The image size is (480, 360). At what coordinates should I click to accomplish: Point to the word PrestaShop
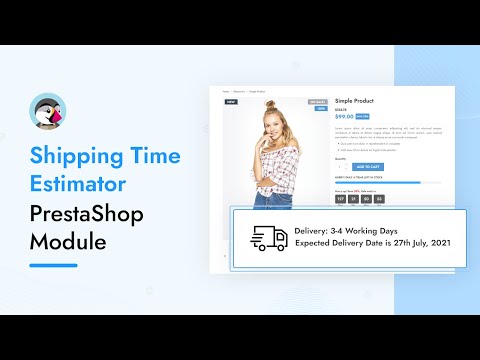pyautogui.click(x=89, y=214)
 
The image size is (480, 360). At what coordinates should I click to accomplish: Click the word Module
pyautogui.click(x=66, y=242)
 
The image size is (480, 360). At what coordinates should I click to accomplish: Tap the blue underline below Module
pyautogui.click(x=54, y=265)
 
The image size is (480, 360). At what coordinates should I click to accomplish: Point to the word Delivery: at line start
pyautogui.click(x=317, y=233)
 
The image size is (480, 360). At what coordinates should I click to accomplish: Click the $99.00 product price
pyautogui.click(x=345, y=116)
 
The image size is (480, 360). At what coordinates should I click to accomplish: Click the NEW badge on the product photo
pyautogui.click(x=231, y=101)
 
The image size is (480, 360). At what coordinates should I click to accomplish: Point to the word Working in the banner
pyautogui.click(x=385, y=233)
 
